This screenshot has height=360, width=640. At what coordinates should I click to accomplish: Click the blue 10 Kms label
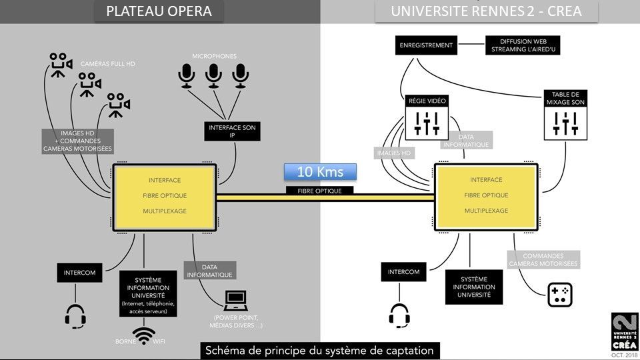click(x=320, y=172)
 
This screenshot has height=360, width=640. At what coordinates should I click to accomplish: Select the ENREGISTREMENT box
click(x=426, y=45)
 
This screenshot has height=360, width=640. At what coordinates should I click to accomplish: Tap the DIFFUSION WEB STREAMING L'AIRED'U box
click(x=523, y=45)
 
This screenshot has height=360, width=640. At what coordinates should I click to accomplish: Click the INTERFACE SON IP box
click(x=232, y=131)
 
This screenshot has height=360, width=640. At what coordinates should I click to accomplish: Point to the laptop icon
click(x=236, y=301)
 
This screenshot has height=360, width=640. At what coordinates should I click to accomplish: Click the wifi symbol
click(x=144, y=336)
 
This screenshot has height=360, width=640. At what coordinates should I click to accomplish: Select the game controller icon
click(x=559, y=295)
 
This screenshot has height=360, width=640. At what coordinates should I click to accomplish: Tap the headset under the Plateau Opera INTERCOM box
click(x=75, y=316)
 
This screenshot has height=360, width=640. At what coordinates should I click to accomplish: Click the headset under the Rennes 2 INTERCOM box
click(x=399, y=316)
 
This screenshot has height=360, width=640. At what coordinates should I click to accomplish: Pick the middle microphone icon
click(x=213, y=75)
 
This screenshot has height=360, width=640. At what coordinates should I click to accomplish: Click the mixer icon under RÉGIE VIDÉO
click(x=427, y=123)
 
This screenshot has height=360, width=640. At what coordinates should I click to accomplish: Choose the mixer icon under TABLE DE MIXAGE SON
click(x=566, y=123)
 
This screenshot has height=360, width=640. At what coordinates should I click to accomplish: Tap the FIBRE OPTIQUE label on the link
click(x=319, y=191)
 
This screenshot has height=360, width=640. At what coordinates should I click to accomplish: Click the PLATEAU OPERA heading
click(x=159, y=11)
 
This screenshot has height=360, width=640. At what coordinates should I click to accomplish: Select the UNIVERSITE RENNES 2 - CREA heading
click(x=486, y=11)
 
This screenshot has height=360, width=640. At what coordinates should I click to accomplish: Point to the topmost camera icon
click(x=61, y=65)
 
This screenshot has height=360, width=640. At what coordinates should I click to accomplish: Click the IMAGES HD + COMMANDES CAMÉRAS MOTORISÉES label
click(x=77, y=141)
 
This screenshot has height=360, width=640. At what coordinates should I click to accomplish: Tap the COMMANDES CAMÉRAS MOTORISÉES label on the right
click(x=543, y=259)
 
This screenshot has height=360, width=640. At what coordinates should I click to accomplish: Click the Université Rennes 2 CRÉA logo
click(x=625, y=331)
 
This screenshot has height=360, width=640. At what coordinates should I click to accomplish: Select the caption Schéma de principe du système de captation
click(x=319, y=351)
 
